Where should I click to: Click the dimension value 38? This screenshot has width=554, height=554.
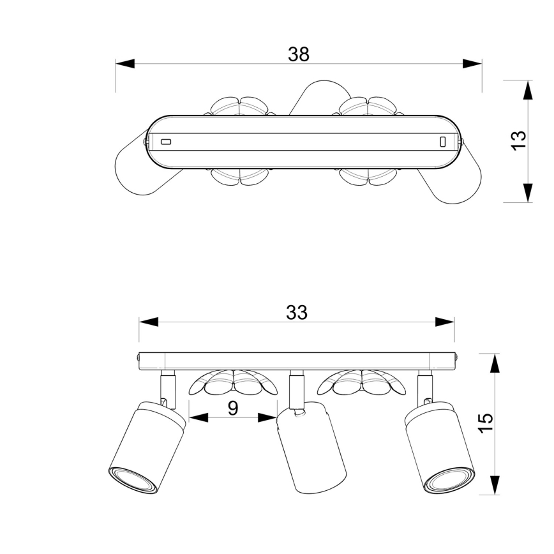click(298, 54)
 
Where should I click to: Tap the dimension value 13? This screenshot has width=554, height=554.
click(518, 139)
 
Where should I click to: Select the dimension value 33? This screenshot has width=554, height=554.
click(296, 312)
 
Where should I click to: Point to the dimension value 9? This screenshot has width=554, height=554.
click(233, 408)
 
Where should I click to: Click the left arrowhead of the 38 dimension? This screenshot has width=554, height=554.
click(125, 64)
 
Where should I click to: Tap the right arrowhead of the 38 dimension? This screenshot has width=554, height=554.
click(472, 64)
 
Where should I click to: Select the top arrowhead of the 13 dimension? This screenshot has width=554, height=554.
click(527, 90)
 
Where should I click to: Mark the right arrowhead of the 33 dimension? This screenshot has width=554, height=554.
click(445, 322)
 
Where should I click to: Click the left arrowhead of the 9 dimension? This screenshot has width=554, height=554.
click(199, 418)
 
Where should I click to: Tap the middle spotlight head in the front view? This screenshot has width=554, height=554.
click(311, 447)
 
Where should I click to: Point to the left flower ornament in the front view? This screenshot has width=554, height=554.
click(233, 383)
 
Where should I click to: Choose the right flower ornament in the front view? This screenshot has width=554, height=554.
click(362, 383)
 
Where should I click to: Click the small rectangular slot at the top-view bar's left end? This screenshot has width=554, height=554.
click(166, 142)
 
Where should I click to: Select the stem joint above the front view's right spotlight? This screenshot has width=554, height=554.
click(424, 387)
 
